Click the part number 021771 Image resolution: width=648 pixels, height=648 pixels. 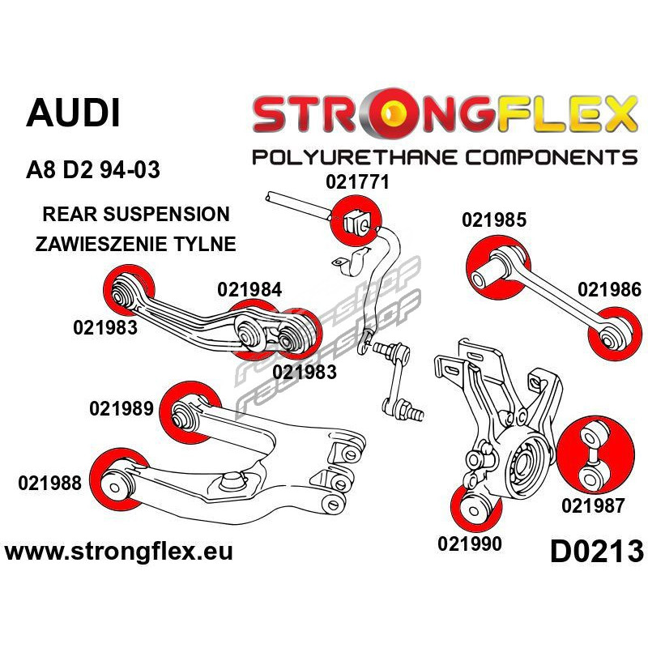pyautogui.click(x=357, y=183)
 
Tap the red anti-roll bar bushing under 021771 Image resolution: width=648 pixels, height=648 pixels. pyautogui.click(x=351, y=221)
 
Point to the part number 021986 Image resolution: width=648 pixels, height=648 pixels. pyautogui.click(x=609, y=290)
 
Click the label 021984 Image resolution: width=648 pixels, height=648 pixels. pyautogui.click(x=249, y=289)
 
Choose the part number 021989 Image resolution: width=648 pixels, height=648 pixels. pyautogui.click(x=122, y=409)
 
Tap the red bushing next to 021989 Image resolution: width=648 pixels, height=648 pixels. pyautogui.click(x=188, y=411)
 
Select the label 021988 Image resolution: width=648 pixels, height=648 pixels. pyautogui.click(x=49, y=484)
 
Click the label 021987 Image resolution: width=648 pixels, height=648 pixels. pyautogui.click(x=593, y=506)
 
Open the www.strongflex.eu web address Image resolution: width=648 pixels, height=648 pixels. pyautogui.click(x=119, y=552)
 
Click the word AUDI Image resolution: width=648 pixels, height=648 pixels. pyautogui.click(x=73, y=113)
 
